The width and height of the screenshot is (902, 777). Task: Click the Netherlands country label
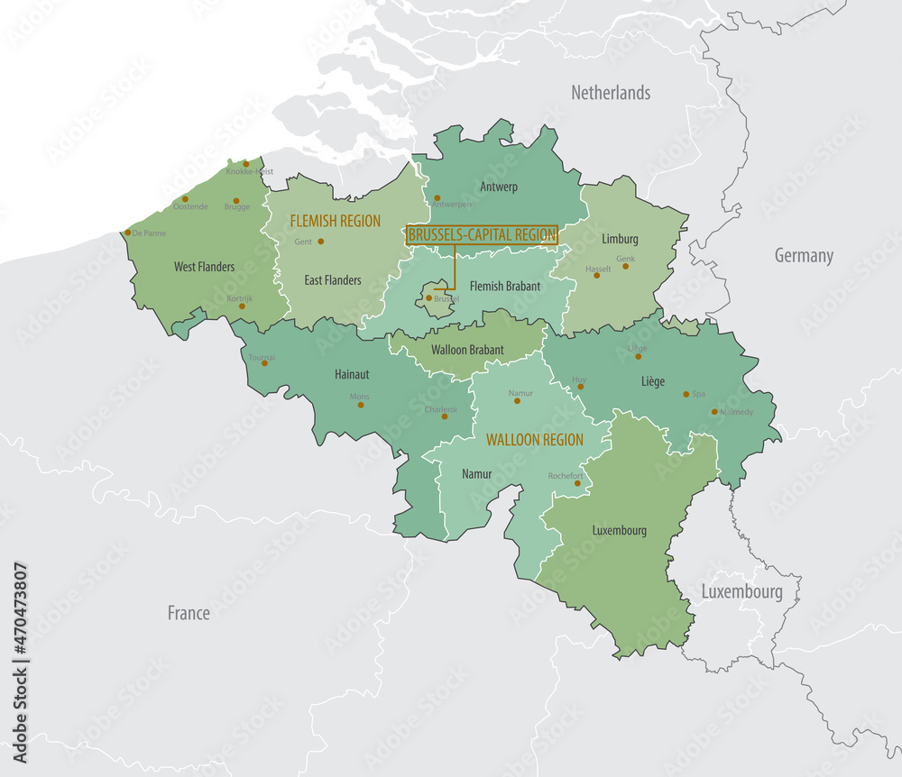[x=611, y=93]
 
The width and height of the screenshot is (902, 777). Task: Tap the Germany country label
[x=804, y=256]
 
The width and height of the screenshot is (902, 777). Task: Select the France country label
[x=189, y=613]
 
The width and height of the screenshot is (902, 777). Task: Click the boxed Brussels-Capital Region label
[x=482, y=235]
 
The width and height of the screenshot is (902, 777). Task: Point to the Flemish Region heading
[x=335, y=221]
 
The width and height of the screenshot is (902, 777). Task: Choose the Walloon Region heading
[x=534, y=440]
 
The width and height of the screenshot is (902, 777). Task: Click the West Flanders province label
[x=205, y=267]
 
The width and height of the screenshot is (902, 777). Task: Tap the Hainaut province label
[x=352, y=373]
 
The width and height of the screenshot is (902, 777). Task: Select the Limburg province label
[x=620, y=239]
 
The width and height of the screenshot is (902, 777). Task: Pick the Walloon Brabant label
[x=467, y=349]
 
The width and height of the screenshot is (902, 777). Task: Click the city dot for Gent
[x=320, y=242]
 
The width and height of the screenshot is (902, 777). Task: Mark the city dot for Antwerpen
[x=437, y=198]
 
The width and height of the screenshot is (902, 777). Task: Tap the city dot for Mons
[x=361, y=405]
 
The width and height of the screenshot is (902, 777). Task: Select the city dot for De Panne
[x=128, y=233]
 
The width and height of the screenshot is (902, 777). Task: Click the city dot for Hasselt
[x=596, y=275]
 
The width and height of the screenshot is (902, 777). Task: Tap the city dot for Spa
[x=686, y=394]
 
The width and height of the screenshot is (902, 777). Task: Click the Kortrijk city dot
[x=241, y=306]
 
